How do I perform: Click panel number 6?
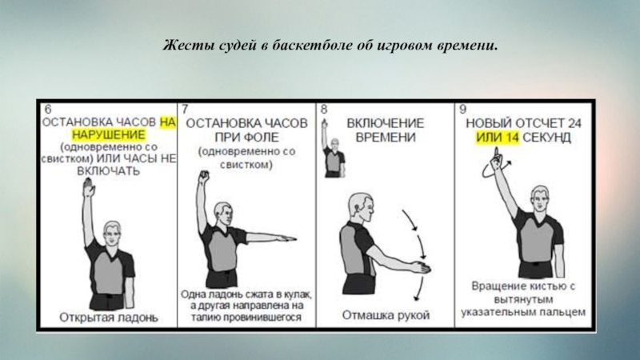pos(48,110)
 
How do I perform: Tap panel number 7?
pos(185,110)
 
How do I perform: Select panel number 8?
pos(324,110)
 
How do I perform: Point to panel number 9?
pos(462,110)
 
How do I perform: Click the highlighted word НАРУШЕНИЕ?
pos(109,134)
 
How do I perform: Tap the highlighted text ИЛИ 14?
pos(497,138)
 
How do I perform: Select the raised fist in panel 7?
pos(204,177)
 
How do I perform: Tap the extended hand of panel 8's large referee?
pos(421,268)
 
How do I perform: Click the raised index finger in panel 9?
pos(497,154)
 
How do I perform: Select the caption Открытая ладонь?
pos(109,317)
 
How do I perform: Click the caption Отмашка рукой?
pos(386,315)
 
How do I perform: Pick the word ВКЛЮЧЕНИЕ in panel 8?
pos(386,123)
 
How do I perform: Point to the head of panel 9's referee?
pos(541,198)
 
